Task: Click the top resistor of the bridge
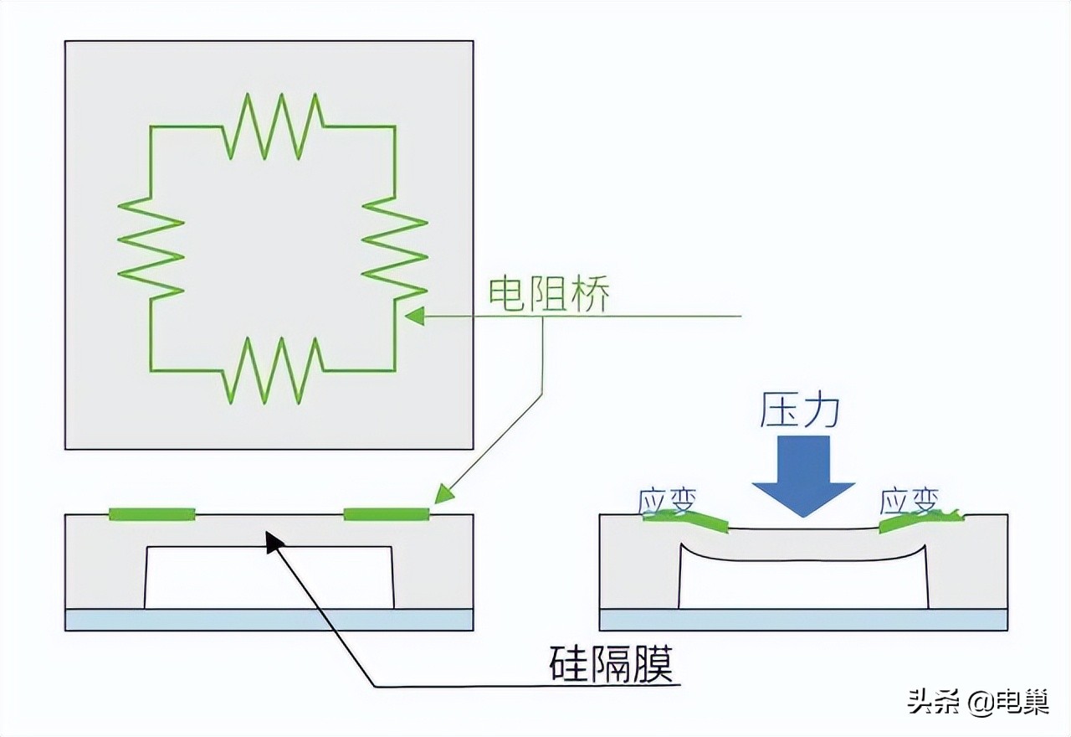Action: (x=273, y=126)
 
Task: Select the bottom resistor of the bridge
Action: (x=273, y=369)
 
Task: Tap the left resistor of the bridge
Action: (x=151, y=247)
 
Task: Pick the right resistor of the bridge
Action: (x=395, y=247)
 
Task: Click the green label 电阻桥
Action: (x=549, y=294)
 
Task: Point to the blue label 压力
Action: (x=800, y=410)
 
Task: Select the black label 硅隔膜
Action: (x=612, y=666)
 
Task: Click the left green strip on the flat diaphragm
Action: (x=152, y=513)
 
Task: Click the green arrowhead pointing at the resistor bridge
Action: (x=413, y=317)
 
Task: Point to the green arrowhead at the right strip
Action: (x=443, y=495)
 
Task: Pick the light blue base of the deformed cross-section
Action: (x=803, y=620)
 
